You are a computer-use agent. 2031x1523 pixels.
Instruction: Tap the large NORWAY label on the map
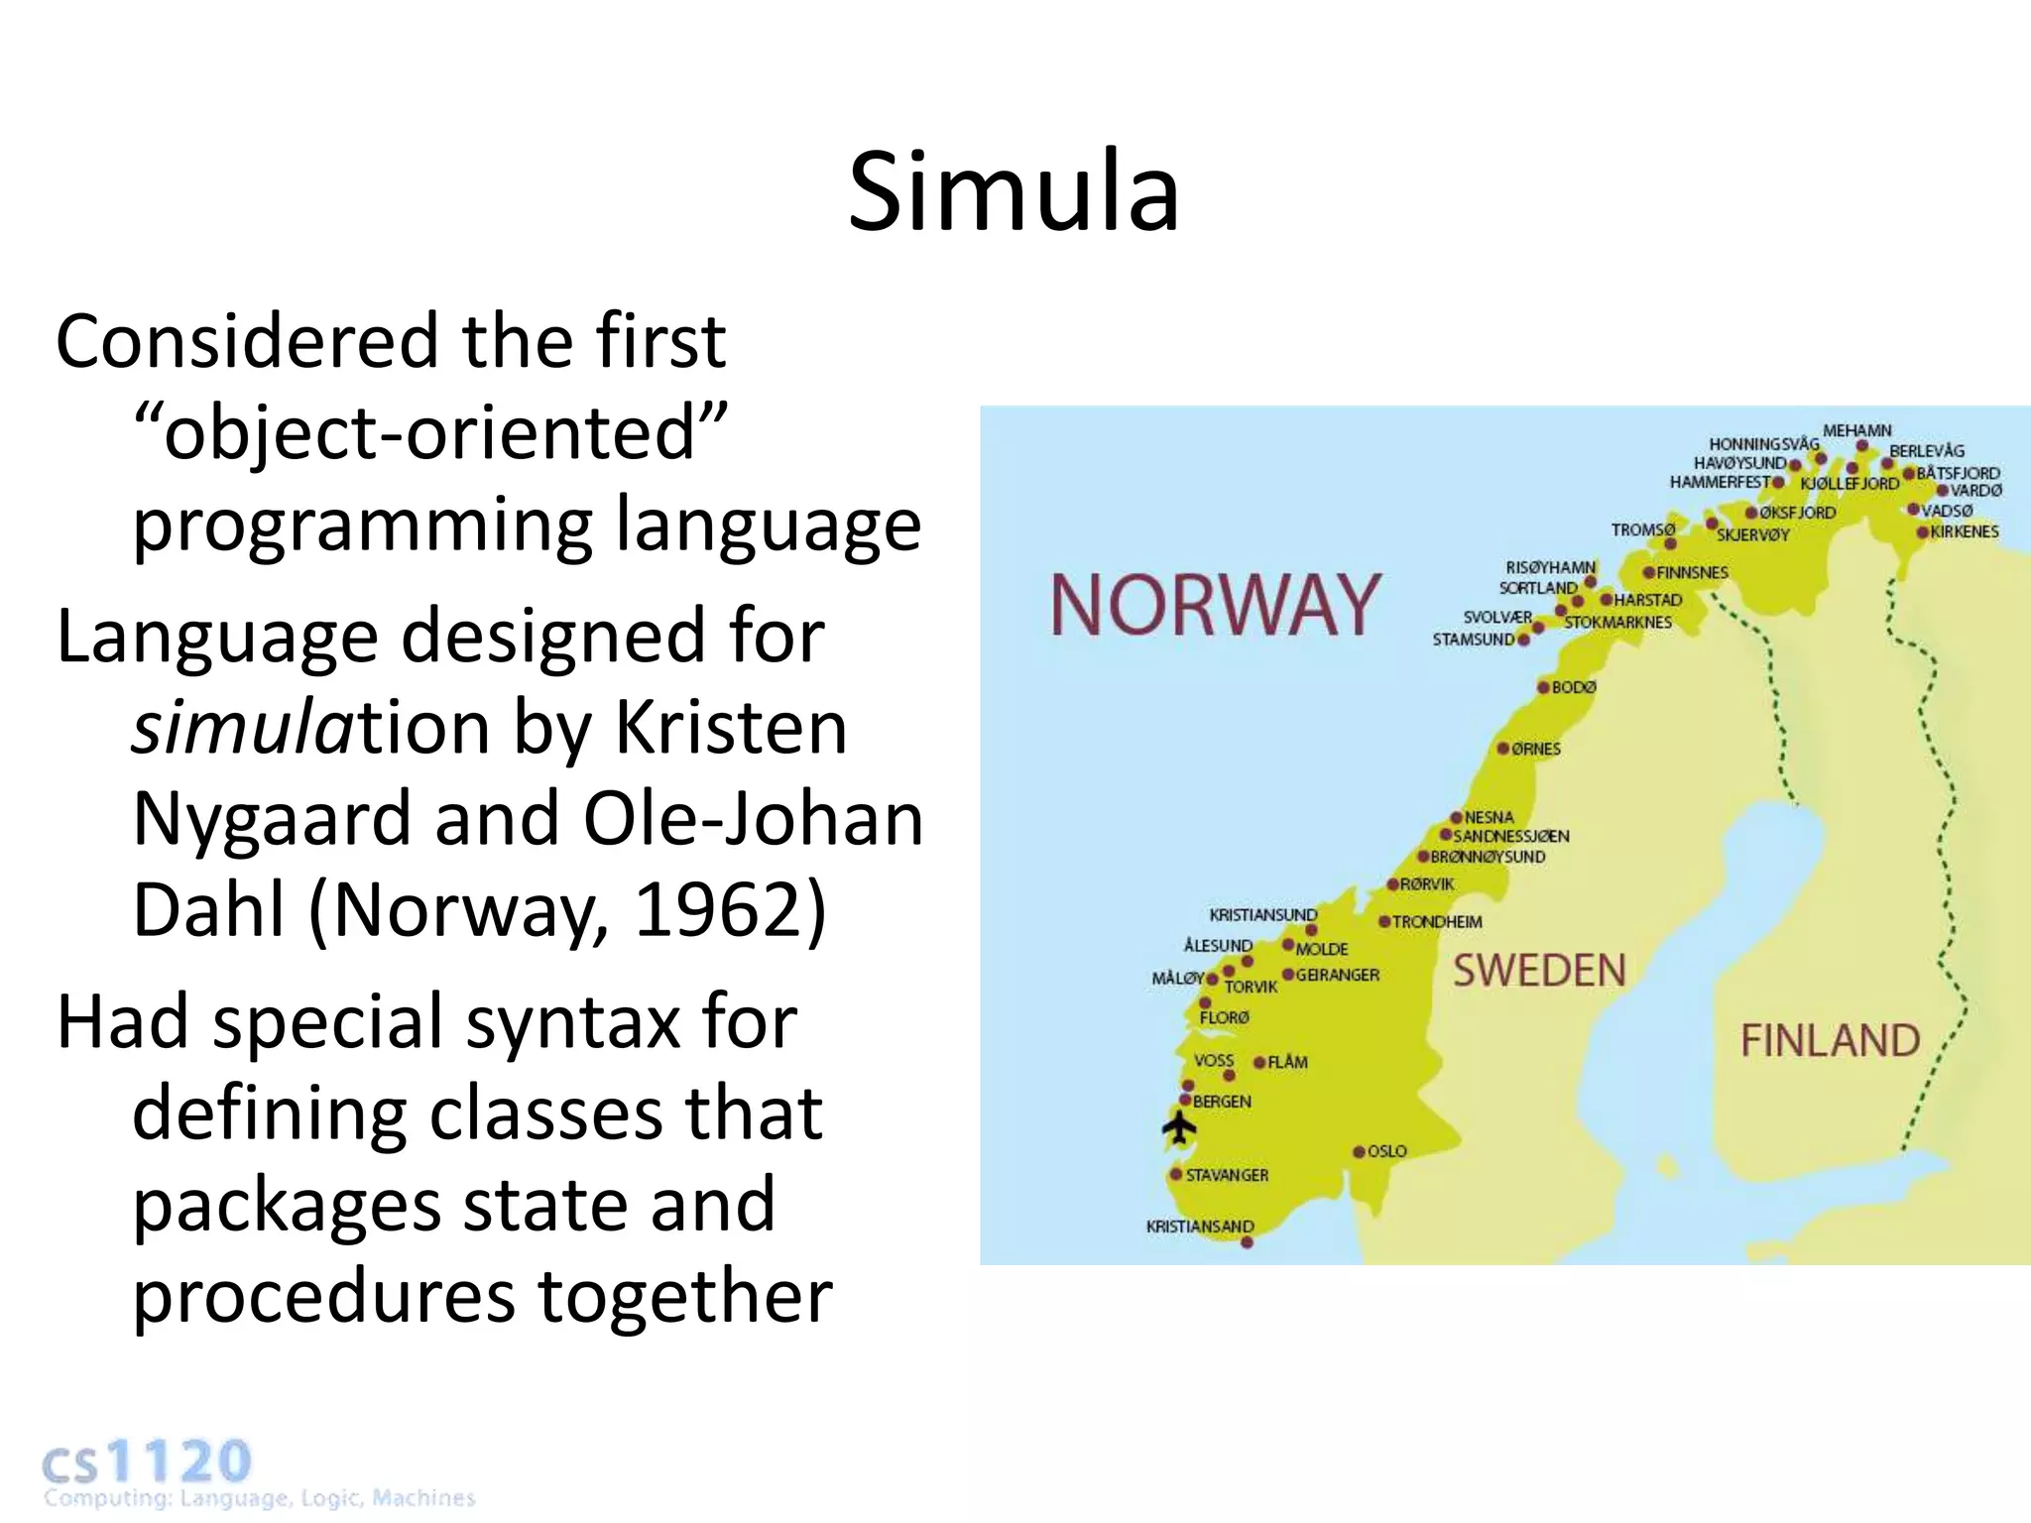[x=1215, y=605]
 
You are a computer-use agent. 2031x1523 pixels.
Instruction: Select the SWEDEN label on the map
[x=1539, y=971]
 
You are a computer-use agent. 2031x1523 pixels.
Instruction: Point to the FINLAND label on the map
[x=1831, y=1041]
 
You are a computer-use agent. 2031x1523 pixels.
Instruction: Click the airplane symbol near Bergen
[x=1179, y=1127]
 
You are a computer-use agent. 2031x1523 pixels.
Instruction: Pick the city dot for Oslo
[x=1360, y=1152]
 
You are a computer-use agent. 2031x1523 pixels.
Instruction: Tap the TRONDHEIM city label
[x=1437, y=922]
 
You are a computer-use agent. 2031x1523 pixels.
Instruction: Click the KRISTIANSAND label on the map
[x=1200, y=1227]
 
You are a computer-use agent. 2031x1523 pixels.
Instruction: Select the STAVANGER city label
[x=1227, y=1175]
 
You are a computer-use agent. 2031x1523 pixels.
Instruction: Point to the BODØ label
[x=1574, y=687]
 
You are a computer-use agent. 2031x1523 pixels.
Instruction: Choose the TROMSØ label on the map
[x=1643, y=530]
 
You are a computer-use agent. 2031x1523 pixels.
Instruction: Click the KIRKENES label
[x=1965, y=531]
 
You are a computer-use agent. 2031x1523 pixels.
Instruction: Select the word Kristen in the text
[x=731, y=728]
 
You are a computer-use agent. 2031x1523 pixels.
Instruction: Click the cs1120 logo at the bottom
[x=147, y=1464]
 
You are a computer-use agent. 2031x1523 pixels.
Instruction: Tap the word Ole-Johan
[x=753, y=819]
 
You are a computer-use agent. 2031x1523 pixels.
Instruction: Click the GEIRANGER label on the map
[x=1337, y=975]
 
